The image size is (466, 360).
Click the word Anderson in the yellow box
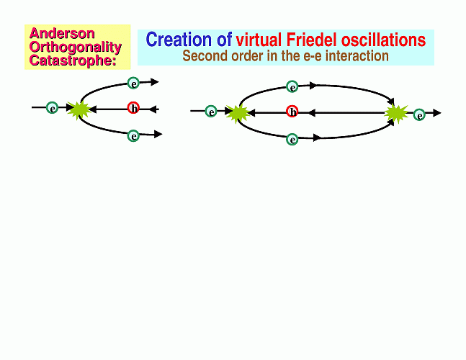pyautogui.click(x=62, y=33)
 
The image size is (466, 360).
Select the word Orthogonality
pyautogui.click(x=76, y=48)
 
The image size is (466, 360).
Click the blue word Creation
pyautogui.click(x=179, y=40)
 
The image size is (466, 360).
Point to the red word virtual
pyautogui.click(x=259, y=40)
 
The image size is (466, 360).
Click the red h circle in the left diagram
pyautogui.click(x=133, y=108)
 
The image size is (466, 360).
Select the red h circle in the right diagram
pyautogui.click(x=292, y=112)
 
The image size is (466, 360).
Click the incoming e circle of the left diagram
pyautogui.click(x=53, y=107)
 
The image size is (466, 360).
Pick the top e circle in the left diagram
pyautogui.click(x=133, y=84)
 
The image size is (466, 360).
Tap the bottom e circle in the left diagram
pyautogui.click(x=133, y=136)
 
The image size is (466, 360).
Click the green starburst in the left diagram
pyautogui.click(x=79, y=110)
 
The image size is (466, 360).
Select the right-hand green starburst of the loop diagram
pyautogui.click(x=396, y=114)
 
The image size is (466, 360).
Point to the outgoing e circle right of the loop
pyautogui.click(x=419, y=114)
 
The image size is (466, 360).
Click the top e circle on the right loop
pyautogui.click(x=292, y=86)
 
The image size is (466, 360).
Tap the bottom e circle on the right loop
pyautogui.click(x=292, y=139)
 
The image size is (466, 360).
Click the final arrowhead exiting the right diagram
pyautogui.click(x=437, y=113)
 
